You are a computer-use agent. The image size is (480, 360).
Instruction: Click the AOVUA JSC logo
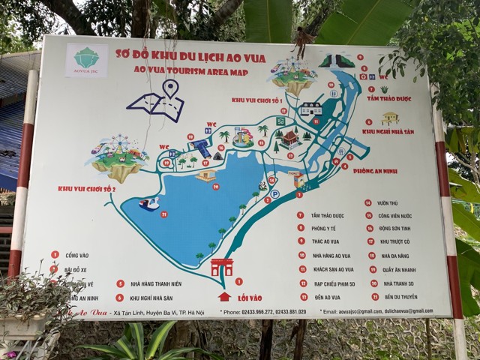pos(87,60)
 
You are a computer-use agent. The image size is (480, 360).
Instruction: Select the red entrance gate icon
pos(222,267)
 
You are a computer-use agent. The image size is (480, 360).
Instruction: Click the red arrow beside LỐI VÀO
pos(224,296)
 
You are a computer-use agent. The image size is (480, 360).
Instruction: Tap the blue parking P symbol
pos(274,193)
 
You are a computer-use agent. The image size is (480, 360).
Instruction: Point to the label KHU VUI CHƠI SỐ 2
pos(86,188)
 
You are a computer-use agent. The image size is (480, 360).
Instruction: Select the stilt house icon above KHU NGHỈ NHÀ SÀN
pos(389,118)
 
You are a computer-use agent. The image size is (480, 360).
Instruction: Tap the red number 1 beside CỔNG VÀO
pos(55,255)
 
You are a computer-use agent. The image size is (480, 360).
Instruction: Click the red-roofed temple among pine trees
pos(290,138)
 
